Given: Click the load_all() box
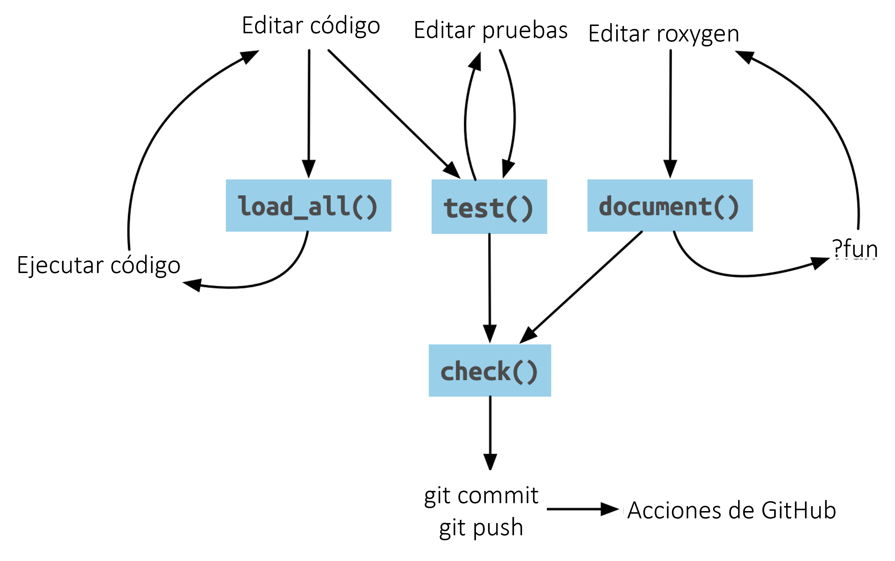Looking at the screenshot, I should tap(308, 206).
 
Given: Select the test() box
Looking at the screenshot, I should tap(489, 207).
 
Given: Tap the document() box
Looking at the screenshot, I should tap(670, 206).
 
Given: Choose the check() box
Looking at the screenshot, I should tap(489, 371).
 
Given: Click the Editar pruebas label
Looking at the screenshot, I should tap(490, 30).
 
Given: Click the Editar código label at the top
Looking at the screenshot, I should tap(311, 26).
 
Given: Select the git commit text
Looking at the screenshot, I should tap(481, 495).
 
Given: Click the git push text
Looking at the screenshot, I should tap(481, 527).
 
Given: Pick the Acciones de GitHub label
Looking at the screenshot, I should tap(731, 510).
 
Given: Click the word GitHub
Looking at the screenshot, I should tap(799, 510).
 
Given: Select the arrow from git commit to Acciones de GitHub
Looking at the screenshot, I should tap(582, 509).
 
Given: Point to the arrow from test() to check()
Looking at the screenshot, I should tap(489, 286).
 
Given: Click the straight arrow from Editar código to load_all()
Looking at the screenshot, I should tap(309, 111).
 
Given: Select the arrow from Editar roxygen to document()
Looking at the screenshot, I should tap(670, 111).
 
